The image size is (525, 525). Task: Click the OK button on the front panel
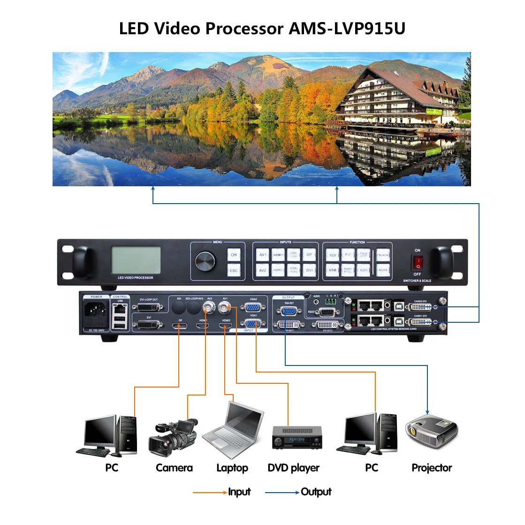click(234, 255)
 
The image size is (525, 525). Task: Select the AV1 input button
click(263, 255)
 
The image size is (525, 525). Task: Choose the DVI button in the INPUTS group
click(309, 270)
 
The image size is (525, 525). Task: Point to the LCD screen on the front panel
click(136, 260)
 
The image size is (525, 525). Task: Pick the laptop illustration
click(233, 431)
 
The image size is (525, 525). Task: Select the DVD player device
click(297, 438)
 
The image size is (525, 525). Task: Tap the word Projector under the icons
click(432, 468)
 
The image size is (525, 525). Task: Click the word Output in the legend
click(316, 492)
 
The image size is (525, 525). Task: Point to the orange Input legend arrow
click(210, 492)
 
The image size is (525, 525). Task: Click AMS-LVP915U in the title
click(347, 29)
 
